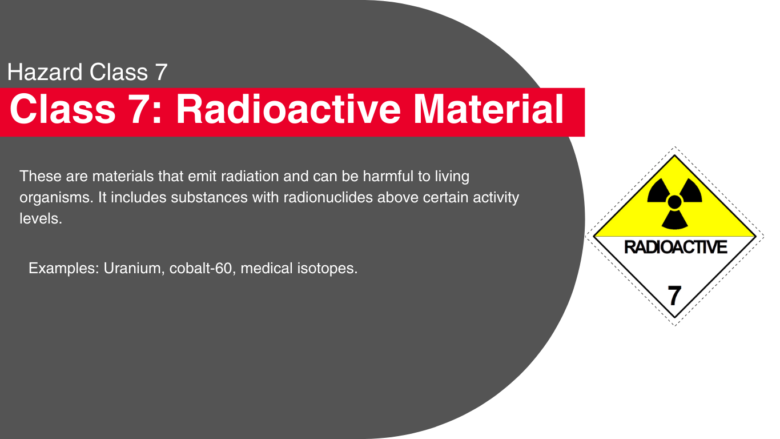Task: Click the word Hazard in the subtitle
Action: (x=45, y=72)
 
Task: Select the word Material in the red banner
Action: (x=488, y=109)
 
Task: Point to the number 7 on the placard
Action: (x=674, y=296)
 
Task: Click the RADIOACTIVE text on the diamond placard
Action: (x=675, y=247)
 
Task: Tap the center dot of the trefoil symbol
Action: (x=674, y=202)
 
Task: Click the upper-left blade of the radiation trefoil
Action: (x=658, y=190)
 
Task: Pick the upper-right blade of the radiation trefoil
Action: (x=691, y=190)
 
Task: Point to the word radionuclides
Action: (x=328, y=198)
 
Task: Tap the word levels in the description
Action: (x=41, y=219)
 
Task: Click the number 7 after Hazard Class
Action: (x=161, y=72)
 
